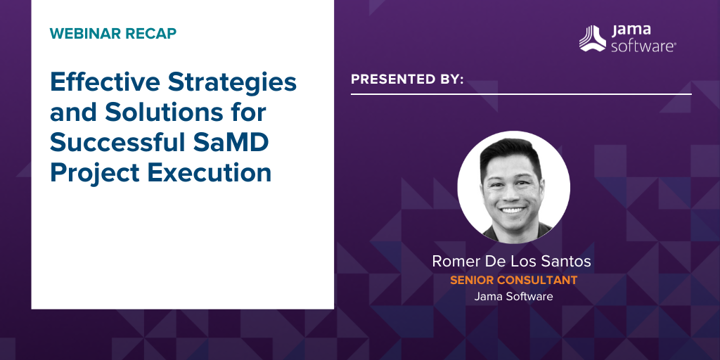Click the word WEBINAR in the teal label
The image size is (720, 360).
click(84, 34)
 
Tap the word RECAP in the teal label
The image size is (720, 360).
click(150, 34)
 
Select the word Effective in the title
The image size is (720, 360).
click(105, 82)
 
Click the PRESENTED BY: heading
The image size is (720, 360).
click(407, 79)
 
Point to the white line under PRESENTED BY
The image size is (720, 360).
click(521, 94)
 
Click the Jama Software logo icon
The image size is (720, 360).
click(592, 38)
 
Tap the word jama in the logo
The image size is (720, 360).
click(631, 30)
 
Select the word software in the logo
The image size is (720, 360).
click(643, 46)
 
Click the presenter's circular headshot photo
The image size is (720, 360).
click(514, 187)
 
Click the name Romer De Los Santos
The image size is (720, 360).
click(511, 262)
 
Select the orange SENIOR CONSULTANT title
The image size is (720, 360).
click(513, 280)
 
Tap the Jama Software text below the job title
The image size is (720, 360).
click(513, 297)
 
